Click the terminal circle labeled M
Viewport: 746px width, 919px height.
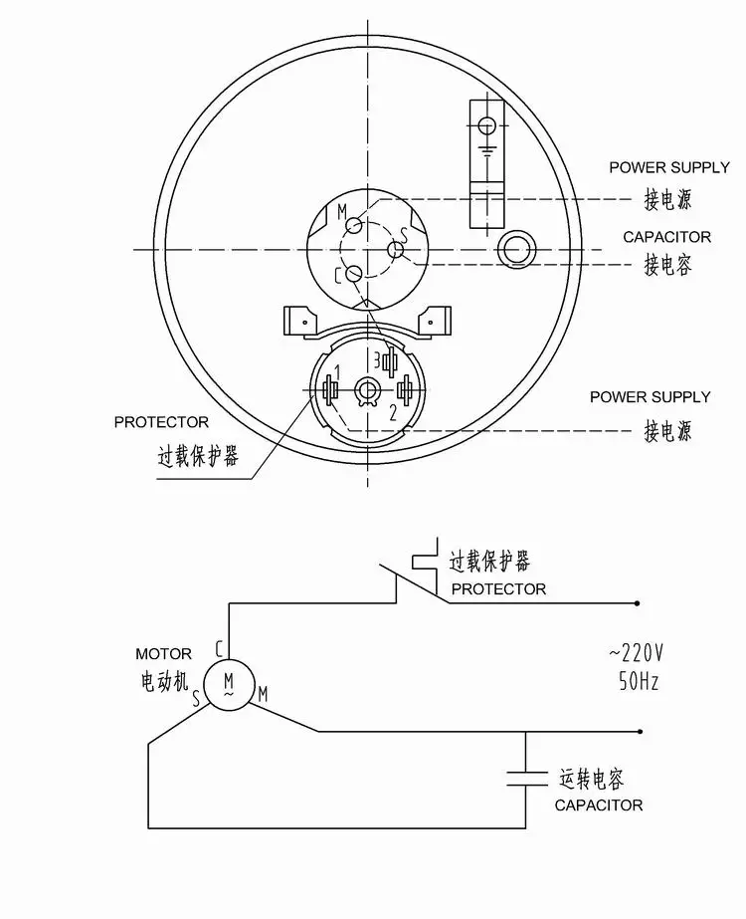[x=354, y=225]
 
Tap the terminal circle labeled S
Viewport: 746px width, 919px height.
[x=395, y=250]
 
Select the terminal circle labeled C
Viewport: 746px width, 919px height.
[x=354, y=273]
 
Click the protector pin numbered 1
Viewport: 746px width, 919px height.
[x=330, y=389]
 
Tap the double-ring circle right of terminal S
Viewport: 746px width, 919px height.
[x=516, y=250]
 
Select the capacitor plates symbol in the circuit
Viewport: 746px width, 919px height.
[x=526, y=778]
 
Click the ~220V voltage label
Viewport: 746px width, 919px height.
[x=636, y=652]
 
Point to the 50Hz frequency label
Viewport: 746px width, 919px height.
[x=639, y=681]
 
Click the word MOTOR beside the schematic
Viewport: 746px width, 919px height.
[x=163, y=653]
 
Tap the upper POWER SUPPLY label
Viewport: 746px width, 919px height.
[x=669, y=167]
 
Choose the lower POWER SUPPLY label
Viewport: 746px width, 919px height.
[x=650, y=397]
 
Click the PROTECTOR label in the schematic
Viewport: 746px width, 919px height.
[x=498, y=589]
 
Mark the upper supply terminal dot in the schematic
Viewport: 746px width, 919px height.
[x=638, y=603]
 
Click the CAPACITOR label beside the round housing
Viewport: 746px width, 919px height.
[x=667, y=237]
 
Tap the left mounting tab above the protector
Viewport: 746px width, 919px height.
[x=301, y=322]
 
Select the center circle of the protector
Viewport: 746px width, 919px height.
[x=368, y=388]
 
